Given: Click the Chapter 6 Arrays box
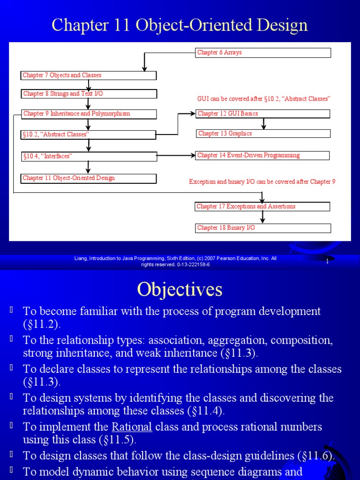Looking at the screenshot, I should coord(263,53).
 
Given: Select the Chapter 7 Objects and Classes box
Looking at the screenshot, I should coord(89,75).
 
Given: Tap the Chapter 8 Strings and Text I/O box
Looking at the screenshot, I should coord(89,94).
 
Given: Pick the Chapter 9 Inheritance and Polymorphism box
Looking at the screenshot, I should coord(89,114).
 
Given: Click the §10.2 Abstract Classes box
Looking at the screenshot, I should coord(89,135).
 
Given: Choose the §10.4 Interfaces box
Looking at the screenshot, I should coord(89,157).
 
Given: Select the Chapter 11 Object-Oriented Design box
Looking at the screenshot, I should coord(89,179).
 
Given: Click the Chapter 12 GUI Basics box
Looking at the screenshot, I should coord(263,114).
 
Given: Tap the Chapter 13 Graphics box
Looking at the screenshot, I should coord(263,134).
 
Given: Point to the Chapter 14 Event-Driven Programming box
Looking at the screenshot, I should coord(263,156).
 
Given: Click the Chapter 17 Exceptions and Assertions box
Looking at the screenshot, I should coord(263,207).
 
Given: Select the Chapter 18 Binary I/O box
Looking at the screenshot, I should coord(263,228).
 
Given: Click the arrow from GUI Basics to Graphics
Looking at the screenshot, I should coord(263,124).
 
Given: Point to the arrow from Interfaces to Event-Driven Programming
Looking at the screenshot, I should coord(176,156).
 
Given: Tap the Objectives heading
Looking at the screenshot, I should coord(180,290).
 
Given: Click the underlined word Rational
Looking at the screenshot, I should coord(132,427).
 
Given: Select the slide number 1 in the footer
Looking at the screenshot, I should coord(327,262).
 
